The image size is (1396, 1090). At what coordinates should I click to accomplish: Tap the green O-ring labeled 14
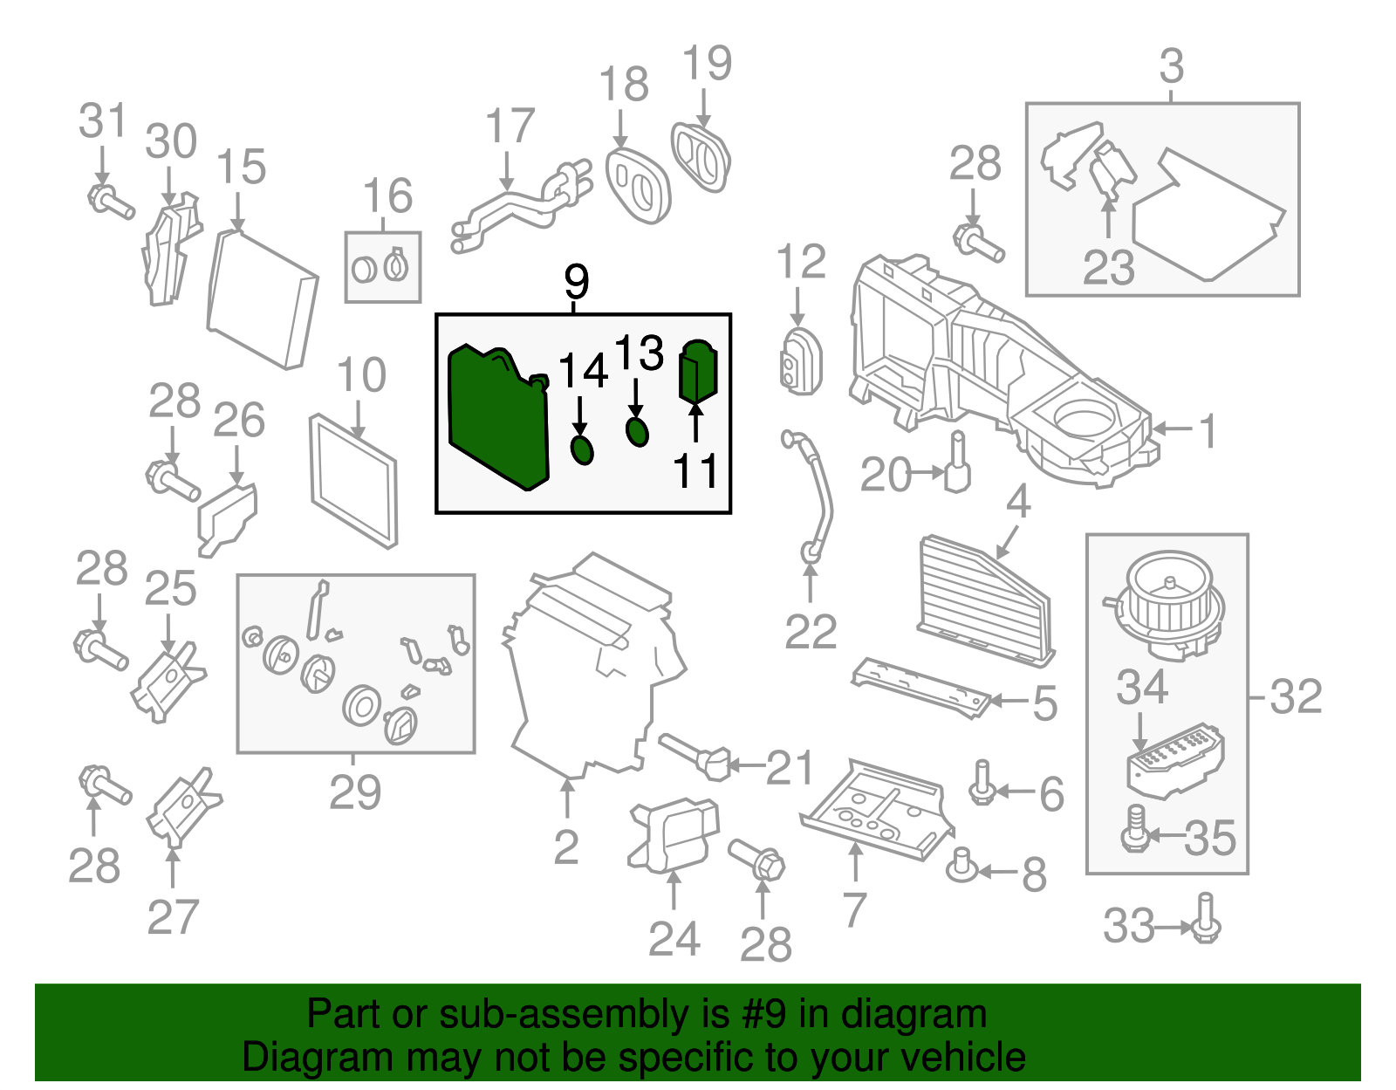[581, 450]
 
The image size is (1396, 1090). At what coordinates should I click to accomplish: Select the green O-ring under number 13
[638, 431]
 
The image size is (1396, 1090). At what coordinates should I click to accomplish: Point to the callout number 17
[510, 127]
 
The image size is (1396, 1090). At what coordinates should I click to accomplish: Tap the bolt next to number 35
[1135, 829]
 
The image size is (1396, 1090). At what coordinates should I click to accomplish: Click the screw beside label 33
[1206, 918]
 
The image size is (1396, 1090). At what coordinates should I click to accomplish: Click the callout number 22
[811, 632]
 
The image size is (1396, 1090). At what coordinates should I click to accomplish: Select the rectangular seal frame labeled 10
[353, 480]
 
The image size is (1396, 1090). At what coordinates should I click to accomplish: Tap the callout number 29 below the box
[355, 792]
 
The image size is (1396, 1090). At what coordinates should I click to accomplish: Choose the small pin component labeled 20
[957, 464]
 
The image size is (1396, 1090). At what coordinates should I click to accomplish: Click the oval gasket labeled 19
[701, 157]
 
